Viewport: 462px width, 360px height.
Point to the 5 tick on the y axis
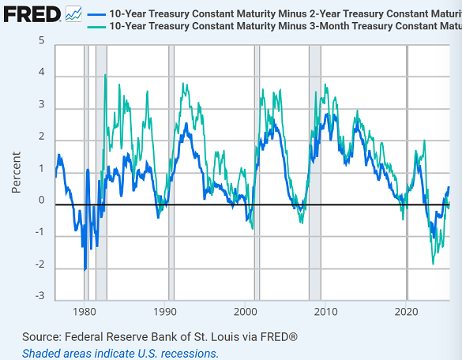[x=41, y=40]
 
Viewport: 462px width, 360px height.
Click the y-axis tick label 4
[x=41, y=73]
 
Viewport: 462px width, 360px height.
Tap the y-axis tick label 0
[x=41, y=201]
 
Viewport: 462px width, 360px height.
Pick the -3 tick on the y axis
[x=39, y=297]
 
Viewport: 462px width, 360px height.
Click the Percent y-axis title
[x=17, y=170]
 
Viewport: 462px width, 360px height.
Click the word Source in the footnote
[x=44, y=337]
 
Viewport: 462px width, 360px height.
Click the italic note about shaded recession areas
[x=120, y=353]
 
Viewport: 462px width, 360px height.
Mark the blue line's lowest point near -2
[x=85, y=269]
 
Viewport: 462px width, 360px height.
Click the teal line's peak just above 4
[x=105, y=75]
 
